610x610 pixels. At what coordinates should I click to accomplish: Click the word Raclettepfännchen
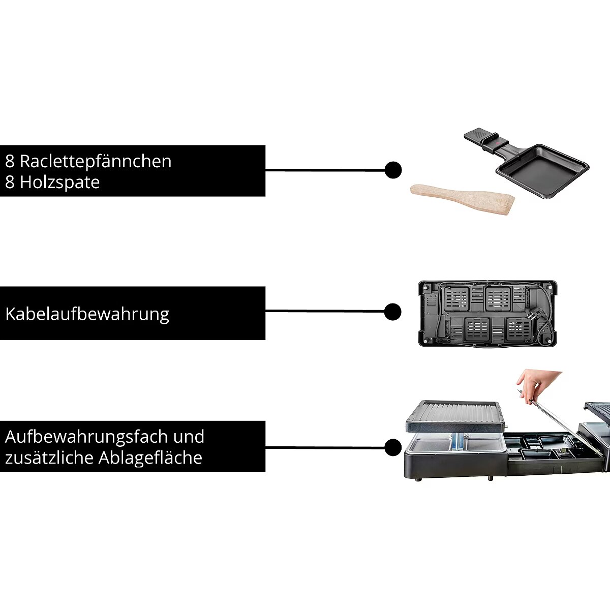(96, 162)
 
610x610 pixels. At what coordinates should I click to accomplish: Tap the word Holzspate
(60, 182)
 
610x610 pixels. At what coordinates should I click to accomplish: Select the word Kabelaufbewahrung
(87, 315)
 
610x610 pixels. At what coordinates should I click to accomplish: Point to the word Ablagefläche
(150, 458)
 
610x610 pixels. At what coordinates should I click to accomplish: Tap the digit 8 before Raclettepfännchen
(10, 162)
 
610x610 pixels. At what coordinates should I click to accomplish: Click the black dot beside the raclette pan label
(393, 170)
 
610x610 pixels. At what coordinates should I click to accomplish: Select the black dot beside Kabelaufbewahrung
(393, 312)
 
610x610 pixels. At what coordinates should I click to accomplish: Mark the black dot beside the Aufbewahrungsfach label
(393, 448)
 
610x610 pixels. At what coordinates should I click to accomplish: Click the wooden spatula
(463, 199)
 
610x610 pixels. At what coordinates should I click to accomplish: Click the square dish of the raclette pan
(542, 172)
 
